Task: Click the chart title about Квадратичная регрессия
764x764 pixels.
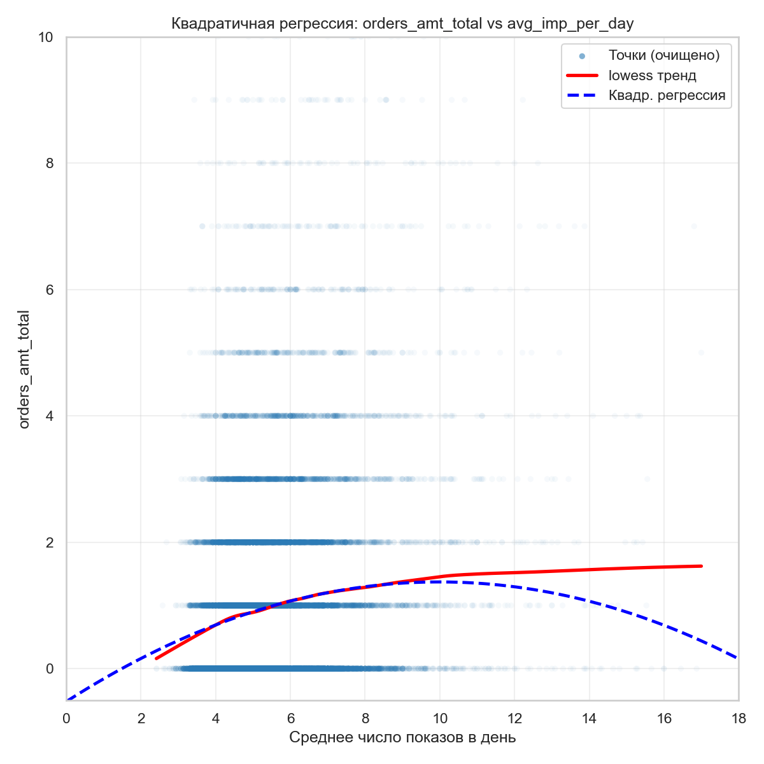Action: (x=402, y=24)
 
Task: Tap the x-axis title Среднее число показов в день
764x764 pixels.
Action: (x=402, y=737)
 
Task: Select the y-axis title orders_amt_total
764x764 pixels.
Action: (x=24, y=369)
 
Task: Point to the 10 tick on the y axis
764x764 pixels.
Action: (x=45, y=38)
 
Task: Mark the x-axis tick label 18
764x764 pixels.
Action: (x=739, y=718)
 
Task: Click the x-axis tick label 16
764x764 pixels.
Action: (x=664, y=718)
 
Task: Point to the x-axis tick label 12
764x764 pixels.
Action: (x=514, y=718)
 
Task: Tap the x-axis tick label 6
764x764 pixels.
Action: (x=290, y=718)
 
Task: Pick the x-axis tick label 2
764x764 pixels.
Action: (x=141, y=718)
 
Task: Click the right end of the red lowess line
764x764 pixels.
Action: (x=701, y=566)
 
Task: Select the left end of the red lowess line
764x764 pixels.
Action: (x=156, y=658)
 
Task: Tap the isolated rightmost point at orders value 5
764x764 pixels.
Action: (x=701, y=352)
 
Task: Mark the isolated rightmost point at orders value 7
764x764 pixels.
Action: (x=694, y=226)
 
